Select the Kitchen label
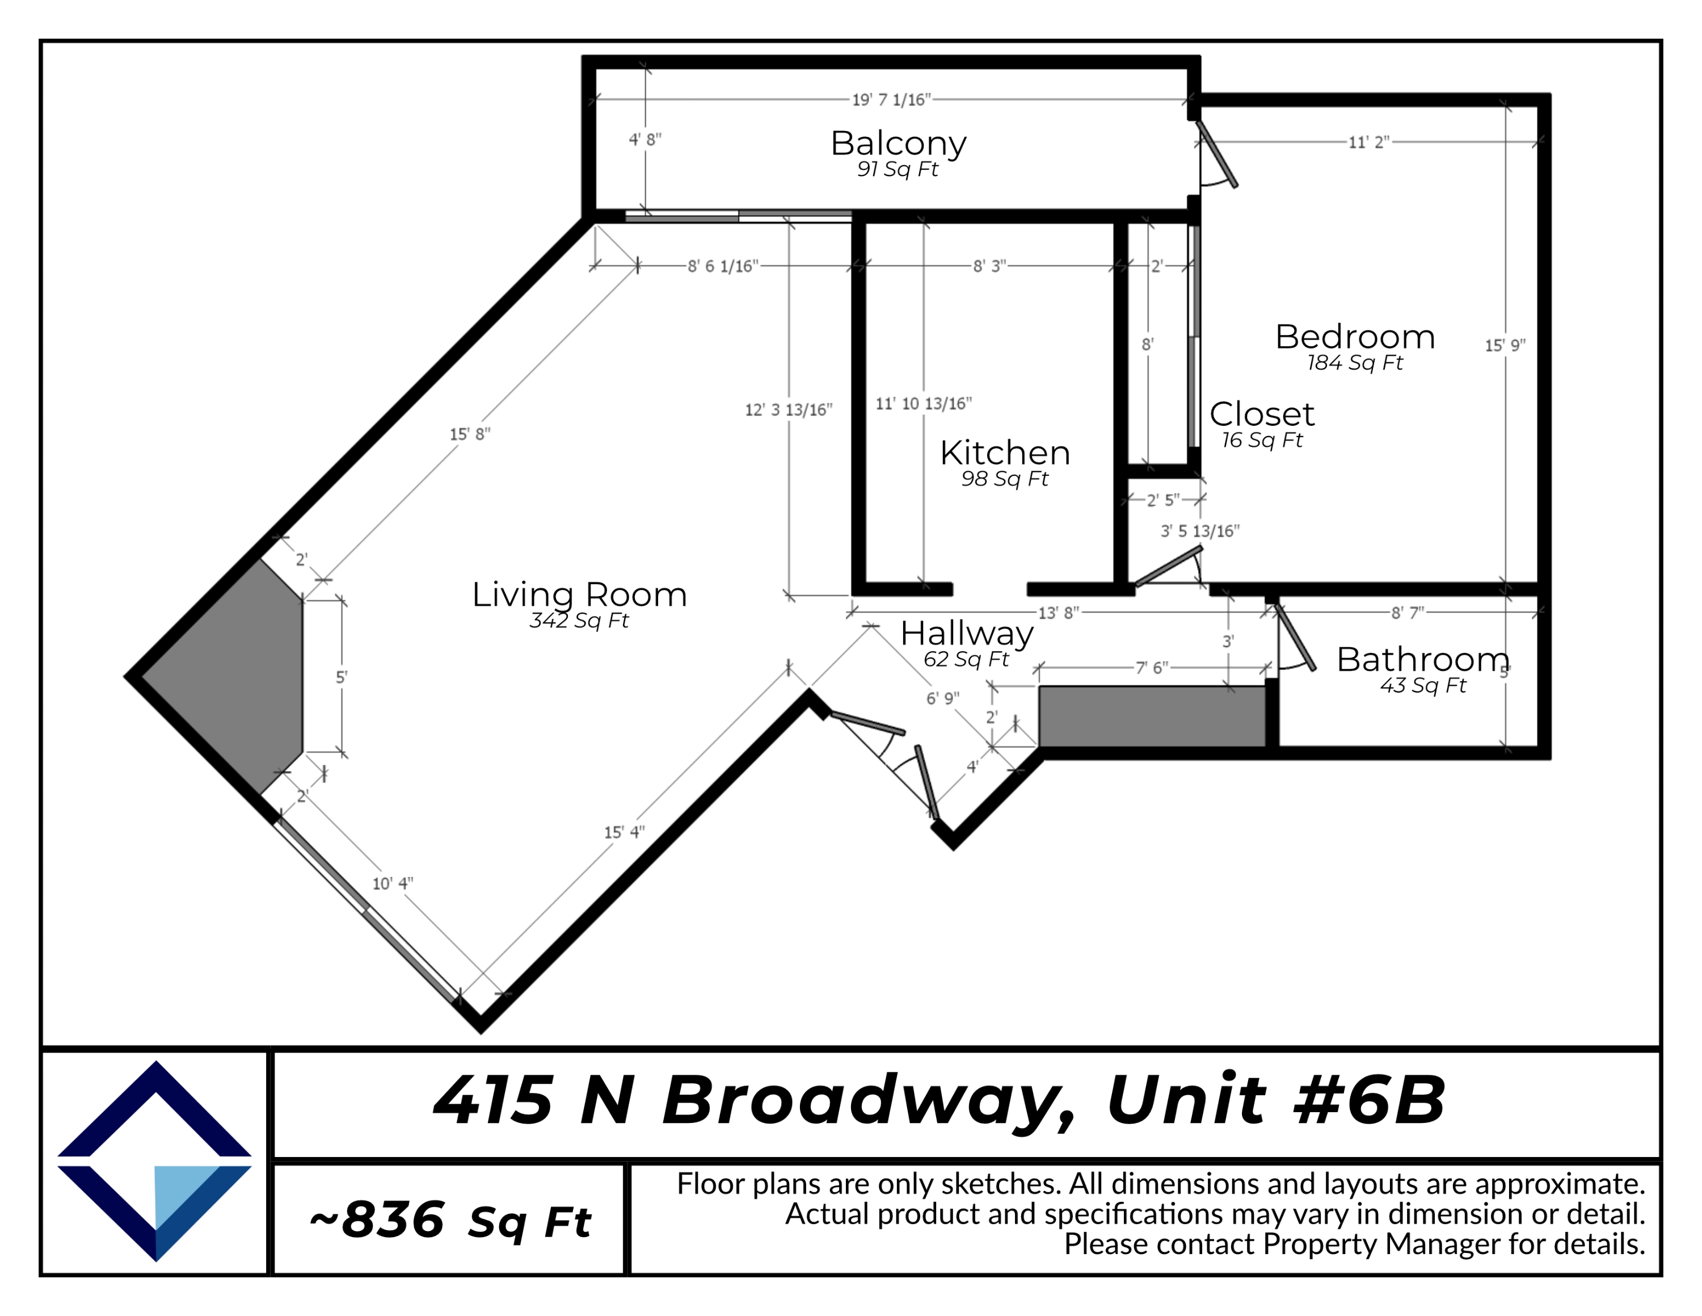point(1005,453)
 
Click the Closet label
point(1262,414)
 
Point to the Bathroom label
point(1422,660)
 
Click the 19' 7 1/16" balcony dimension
point(891,100)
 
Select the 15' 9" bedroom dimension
point(1504,345)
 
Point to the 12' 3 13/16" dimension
point(788,410)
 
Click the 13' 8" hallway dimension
point(1058,613)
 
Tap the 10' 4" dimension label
point(392,884)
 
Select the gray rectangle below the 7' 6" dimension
point(1151,716)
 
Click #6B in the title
point(1368,1101)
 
